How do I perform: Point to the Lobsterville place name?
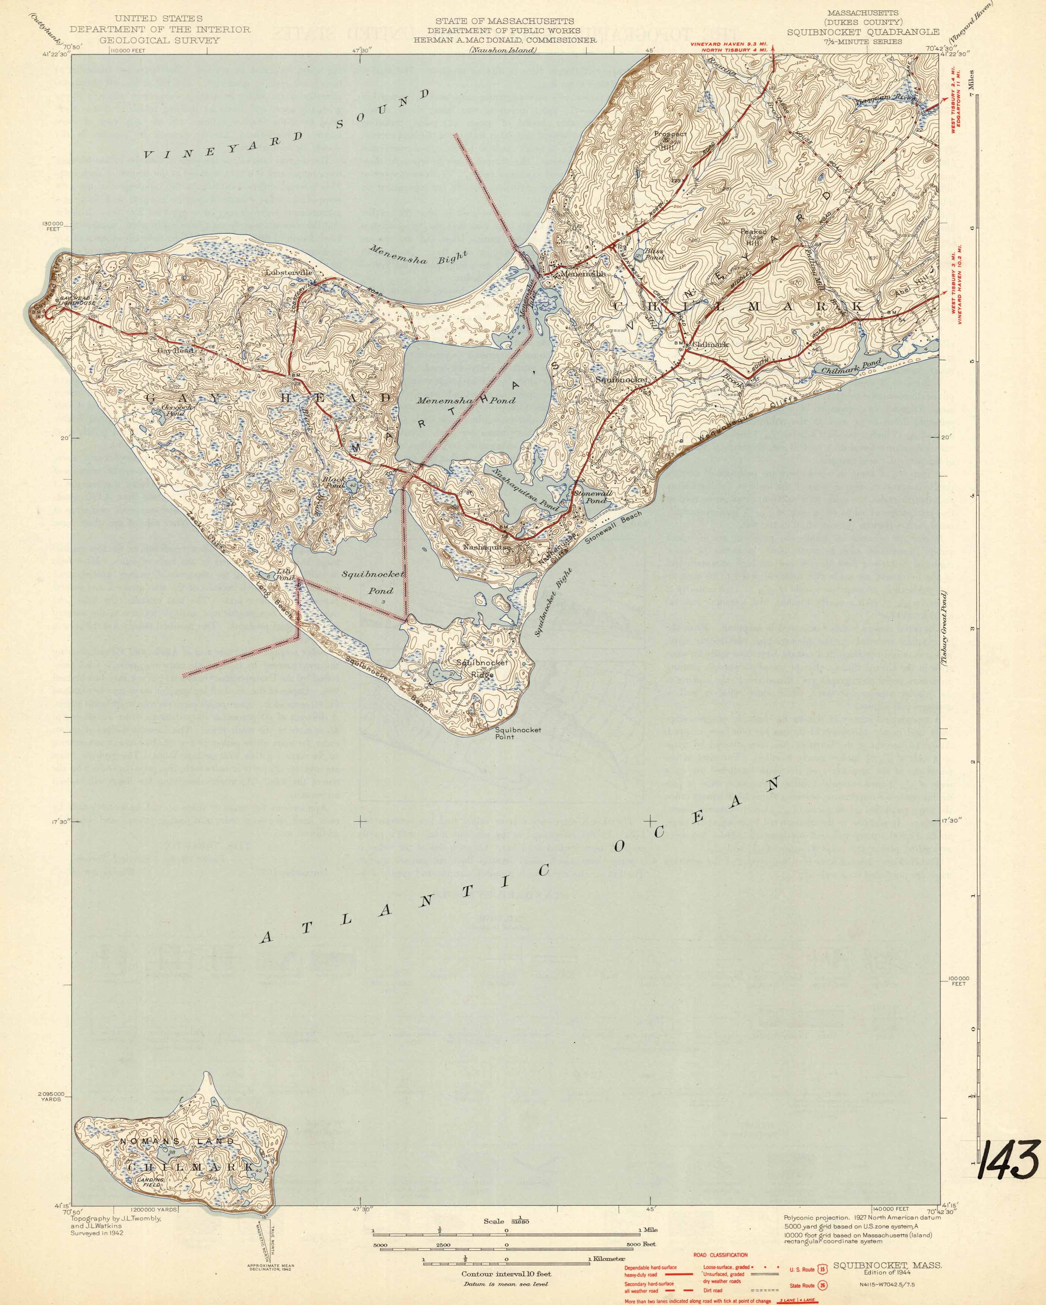289,273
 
